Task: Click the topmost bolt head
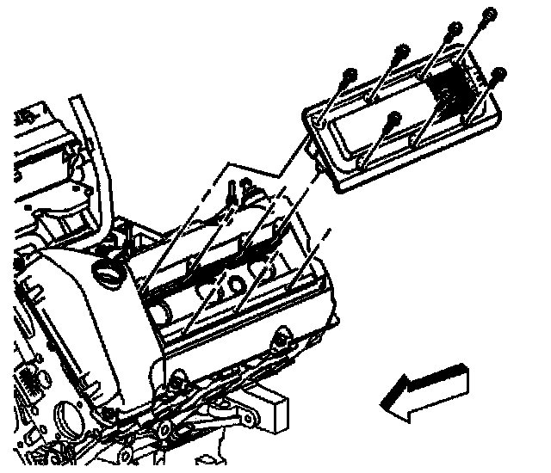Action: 491,13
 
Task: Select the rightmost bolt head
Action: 500,71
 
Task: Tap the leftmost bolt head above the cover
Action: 345,73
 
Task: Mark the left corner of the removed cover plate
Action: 307,117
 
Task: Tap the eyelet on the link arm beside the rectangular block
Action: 249,420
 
